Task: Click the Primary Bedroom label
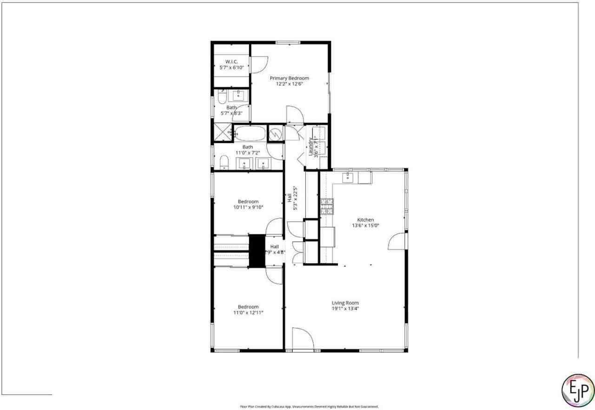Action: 289,78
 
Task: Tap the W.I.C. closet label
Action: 231,62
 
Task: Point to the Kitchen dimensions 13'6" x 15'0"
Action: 365,226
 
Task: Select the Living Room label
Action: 345,303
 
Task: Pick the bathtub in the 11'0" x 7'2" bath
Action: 250,134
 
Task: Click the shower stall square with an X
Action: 222,132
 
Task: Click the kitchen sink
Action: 347,177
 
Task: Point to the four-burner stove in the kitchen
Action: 327,206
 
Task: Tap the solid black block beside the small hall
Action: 256,251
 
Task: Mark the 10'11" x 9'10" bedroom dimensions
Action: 248,208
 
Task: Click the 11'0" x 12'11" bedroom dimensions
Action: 248,312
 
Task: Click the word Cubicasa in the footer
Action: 278,407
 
